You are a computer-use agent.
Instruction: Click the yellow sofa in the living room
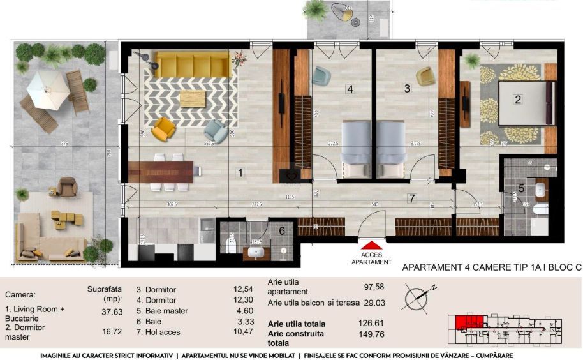tap(192, 64)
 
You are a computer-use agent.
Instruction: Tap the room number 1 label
tap(240, 172)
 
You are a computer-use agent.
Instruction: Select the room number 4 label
tap(350, 89)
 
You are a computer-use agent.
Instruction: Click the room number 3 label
tap(407, 89)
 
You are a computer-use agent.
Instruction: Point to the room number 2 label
tap(518, 99)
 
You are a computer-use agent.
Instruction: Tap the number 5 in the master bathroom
tap(521, 189)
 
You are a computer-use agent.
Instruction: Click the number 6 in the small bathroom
tap(282, 231)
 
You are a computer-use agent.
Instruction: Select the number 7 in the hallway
tap(412, 198)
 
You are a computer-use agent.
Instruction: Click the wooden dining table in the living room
tap(161, 171)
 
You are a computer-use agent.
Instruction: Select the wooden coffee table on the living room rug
tap(193, 98)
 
